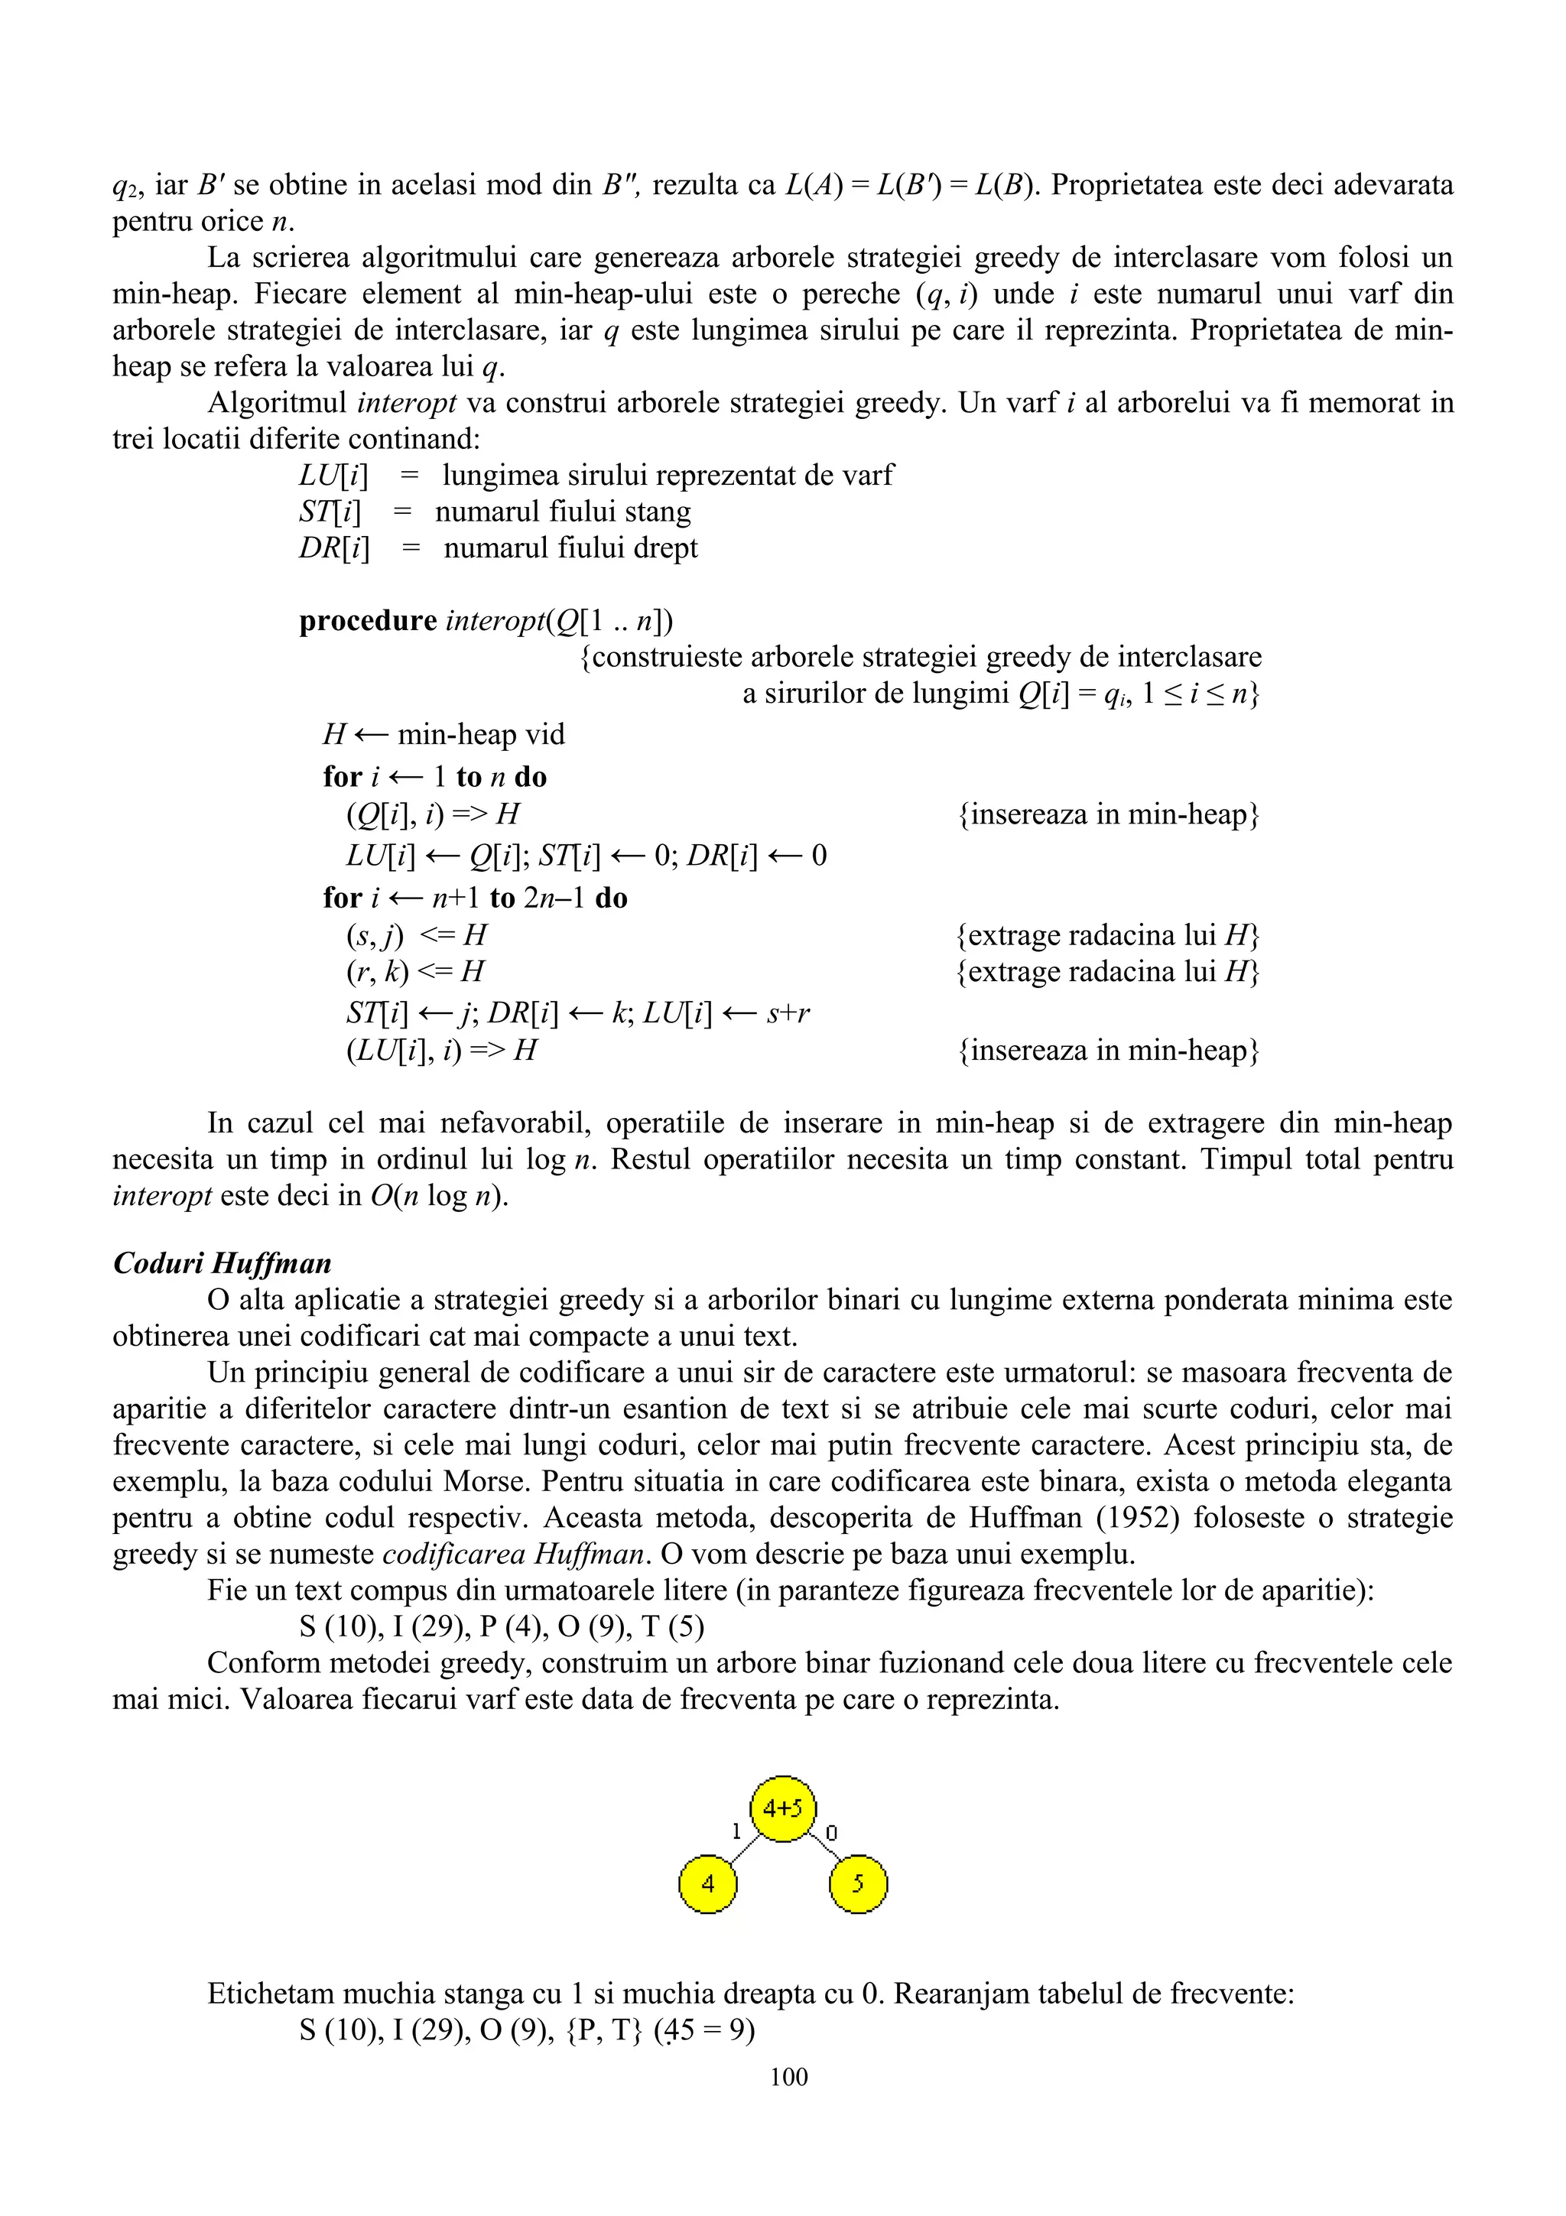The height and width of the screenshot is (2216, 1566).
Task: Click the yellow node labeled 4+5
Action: coord(782,1808)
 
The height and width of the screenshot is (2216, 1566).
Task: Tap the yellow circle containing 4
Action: coord(707,1883)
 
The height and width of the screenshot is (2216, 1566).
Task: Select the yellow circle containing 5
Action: coord(858,1883)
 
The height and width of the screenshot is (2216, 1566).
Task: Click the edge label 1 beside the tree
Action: coord(736,1831)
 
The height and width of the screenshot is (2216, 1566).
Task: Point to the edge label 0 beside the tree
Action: coord(832,1832)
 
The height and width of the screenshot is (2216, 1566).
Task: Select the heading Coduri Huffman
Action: coord(222,1263)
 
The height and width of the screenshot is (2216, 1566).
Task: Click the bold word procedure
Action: coord(368,621)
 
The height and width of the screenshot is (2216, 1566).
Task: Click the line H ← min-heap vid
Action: coord(443,735)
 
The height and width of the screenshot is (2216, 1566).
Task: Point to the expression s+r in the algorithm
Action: coord(788,1013)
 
